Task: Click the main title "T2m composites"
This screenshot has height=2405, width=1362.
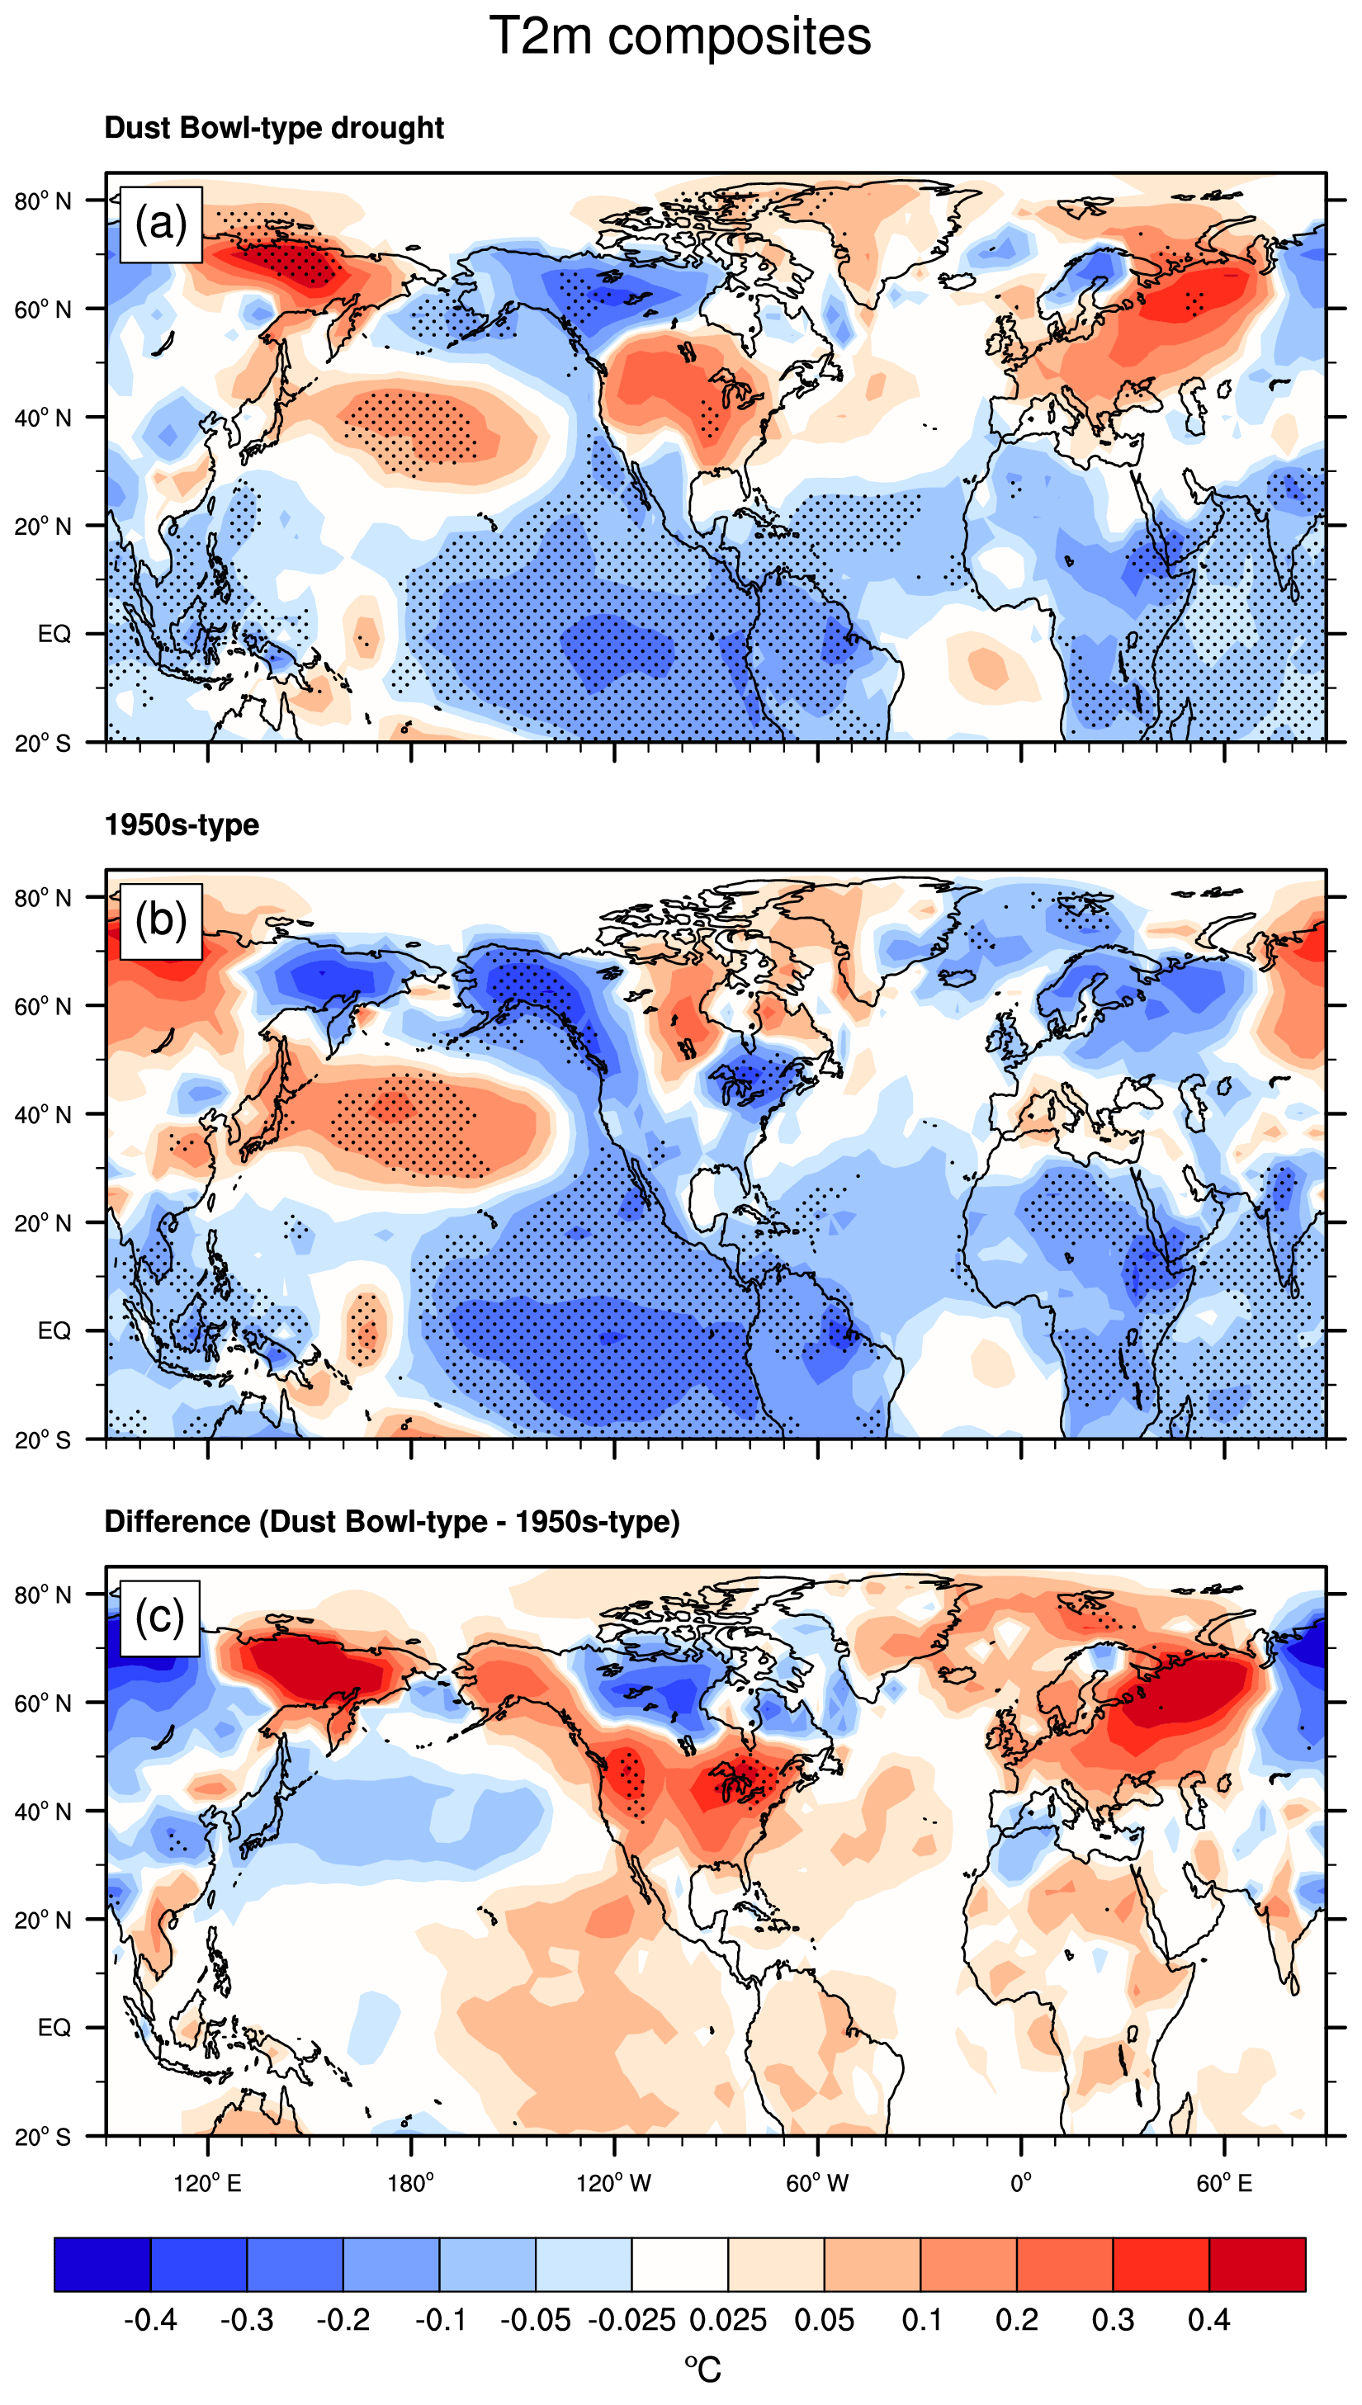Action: (680, 37)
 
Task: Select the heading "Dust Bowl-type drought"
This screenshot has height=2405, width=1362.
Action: (273, 127)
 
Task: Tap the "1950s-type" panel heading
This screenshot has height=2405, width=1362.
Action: (182, 825)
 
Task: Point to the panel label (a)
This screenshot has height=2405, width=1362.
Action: (161, 224)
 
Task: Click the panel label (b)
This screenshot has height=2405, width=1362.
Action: (161, 921)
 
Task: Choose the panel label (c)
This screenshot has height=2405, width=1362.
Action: (160, 1617)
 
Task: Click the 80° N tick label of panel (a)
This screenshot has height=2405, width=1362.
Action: (43, 201)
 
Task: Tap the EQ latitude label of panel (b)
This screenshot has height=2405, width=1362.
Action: (54, 1330)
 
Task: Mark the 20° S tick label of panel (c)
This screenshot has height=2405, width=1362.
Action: (43, 2137)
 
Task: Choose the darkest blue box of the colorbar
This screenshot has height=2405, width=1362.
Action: (102, 2265)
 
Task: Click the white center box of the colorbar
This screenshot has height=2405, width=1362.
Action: (680, 2265)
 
